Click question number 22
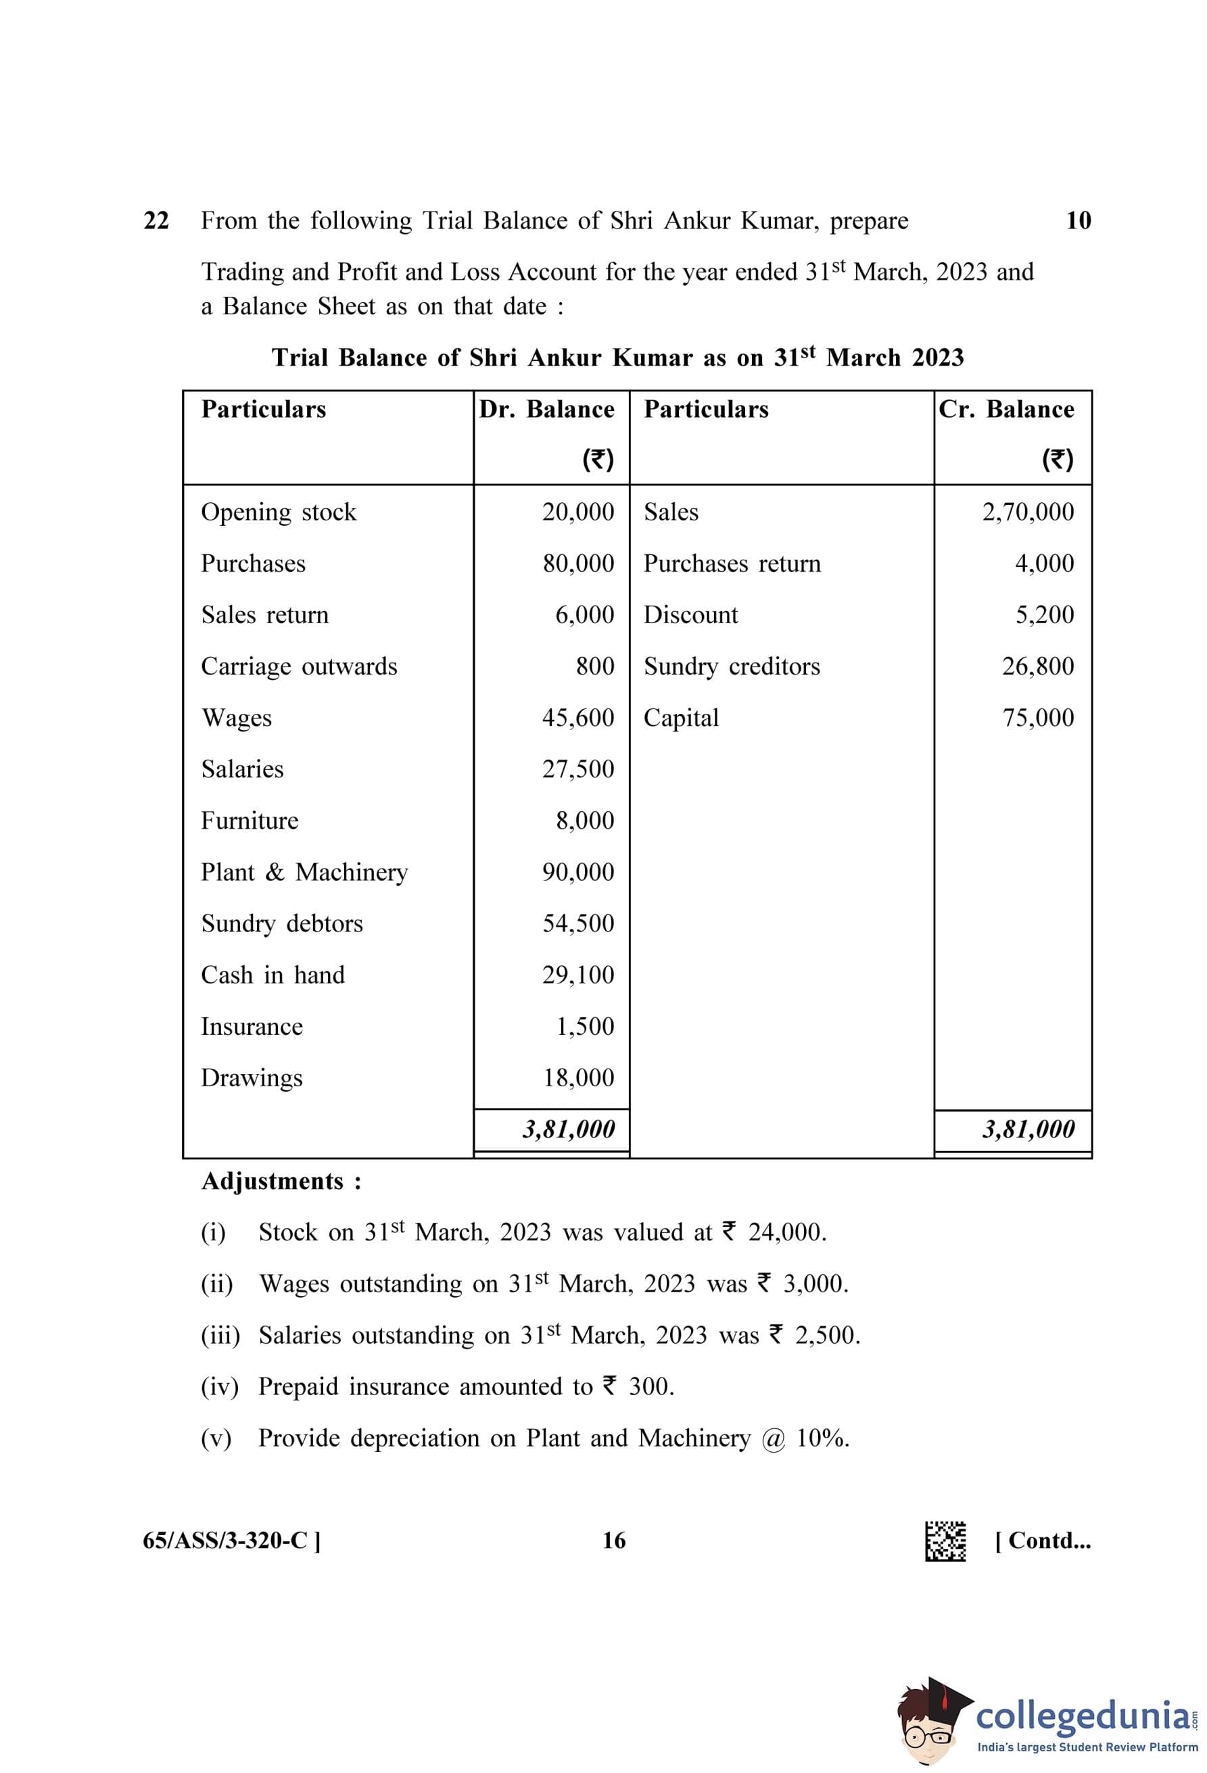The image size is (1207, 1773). [156, 220]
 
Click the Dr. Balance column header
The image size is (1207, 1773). [546, 410]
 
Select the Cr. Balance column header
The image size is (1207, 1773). [1005, 410]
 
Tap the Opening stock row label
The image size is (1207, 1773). [279, 512]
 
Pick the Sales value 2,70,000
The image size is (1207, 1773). [1027, 512]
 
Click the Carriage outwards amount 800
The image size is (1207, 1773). [594, 666]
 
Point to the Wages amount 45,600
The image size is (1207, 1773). [577, 718]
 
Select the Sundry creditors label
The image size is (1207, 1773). [731, 666]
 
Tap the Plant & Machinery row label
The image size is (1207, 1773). [304, 872]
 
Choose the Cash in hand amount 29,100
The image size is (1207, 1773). [577, 975]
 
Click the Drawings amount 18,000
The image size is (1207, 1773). [578, 1078]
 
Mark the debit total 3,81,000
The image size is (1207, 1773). [569, 1129]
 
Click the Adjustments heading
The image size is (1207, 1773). [281, 1182]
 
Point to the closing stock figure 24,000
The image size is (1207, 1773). [786, 1233]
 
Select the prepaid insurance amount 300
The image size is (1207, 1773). [650, 1387]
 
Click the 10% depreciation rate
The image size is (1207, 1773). [822, 1438]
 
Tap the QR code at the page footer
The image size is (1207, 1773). [945, 1541]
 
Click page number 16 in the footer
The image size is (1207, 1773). [613, 1541]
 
